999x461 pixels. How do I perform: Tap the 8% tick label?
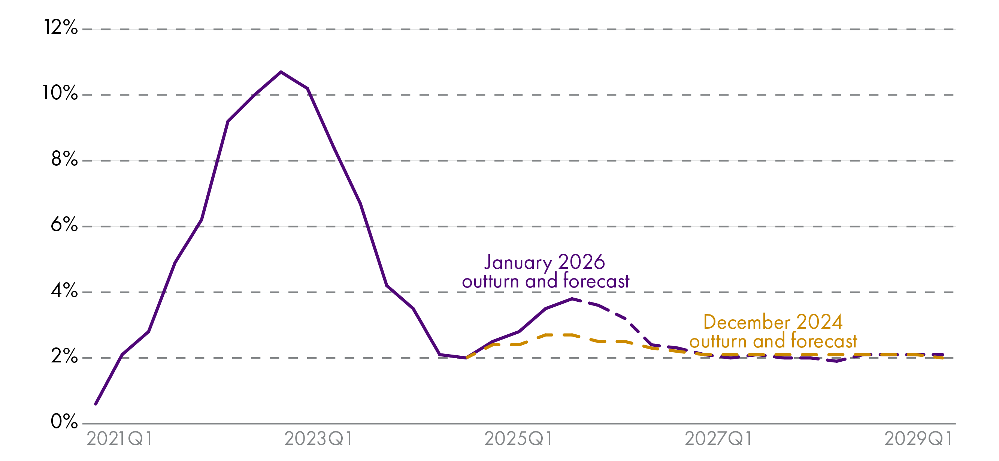coord(64,159)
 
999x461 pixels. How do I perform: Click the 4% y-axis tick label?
coord(64,290)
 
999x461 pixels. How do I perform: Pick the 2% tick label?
coord(64,356)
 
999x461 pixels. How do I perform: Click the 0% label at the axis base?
coord(64,422)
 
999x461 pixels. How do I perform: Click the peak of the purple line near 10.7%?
coord(281,72)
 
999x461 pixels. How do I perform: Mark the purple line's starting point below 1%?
coord(96,404)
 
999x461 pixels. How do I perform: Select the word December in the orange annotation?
coord(747,322)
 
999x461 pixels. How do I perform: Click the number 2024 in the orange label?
coord(820,322)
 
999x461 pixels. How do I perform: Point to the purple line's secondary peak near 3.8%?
coord(572,299)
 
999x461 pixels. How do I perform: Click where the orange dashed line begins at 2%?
coord(466,358)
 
